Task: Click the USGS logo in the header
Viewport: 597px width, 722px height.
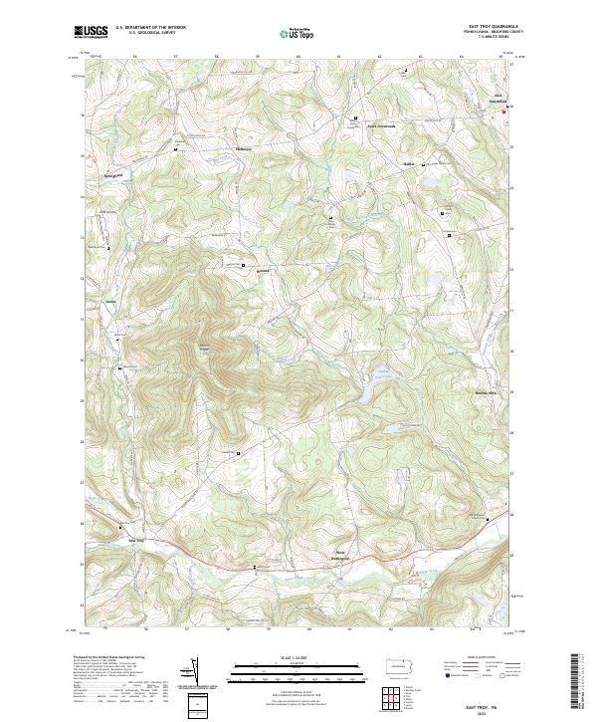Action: pyautogui.click(x=92, y=32)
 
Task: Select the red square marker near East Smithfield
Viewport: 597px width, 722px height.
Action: pyautogui.click(x=503, y=112)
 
